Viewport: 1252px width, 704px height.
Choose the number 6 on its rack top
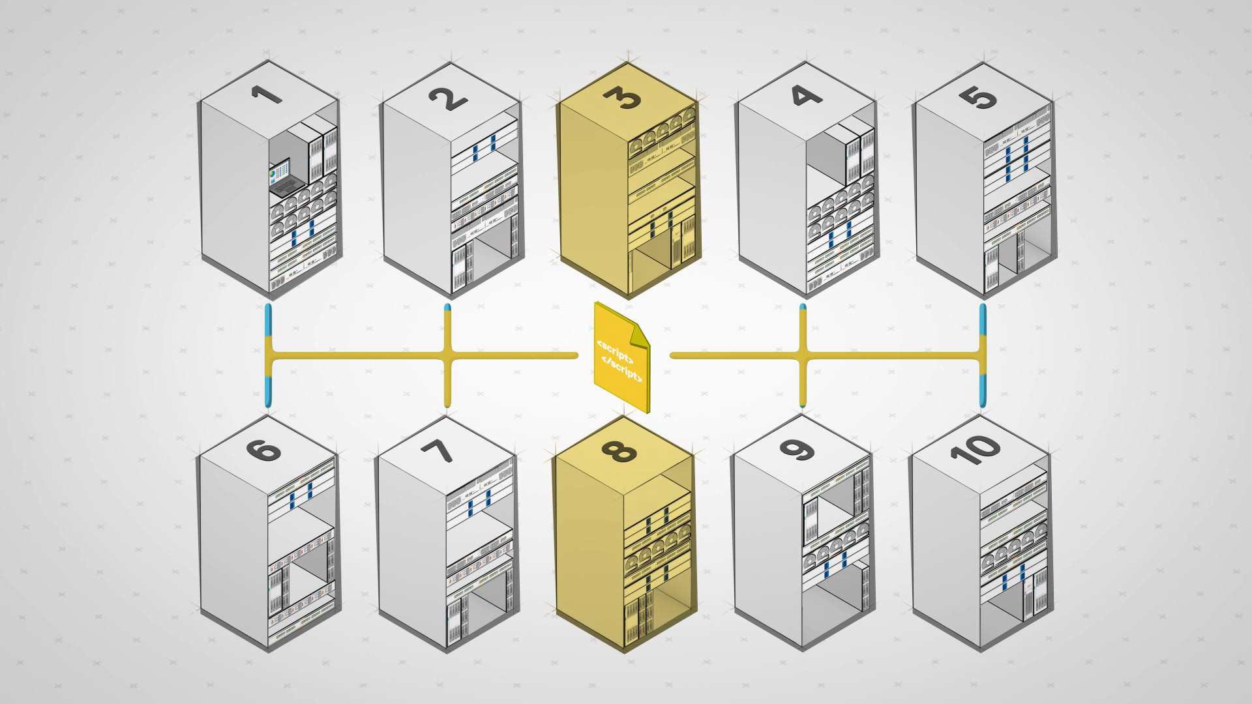click(x=269, y=450)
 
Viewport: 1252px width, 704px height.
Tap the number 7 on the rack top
click(x=447, y=450)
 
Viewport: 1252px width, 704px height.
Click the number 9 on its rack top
click(x=802, y=450)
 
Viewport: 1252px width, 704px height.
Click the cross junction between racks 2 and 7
click(x=447, y=356)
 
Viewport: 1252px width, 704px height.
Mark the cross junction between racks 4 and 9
click(x=803, y=356)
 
